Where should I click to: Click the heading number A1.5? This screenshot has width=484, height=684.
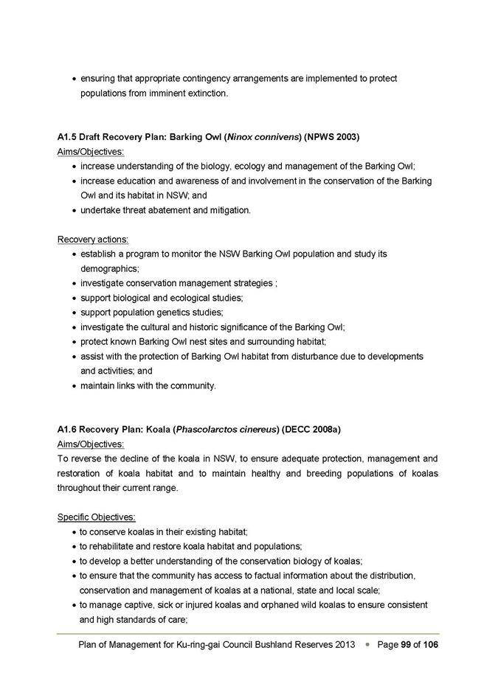(67, 137)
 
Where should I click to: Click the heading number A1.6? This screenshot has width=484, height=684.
(67, 429)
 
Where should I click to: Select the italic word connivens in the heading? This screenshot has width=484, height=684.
(274, 137)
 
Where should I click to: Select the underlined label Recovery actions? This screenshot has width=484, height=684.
(93, 240)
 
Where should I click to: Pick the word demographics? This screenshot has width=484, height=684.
(109, 269)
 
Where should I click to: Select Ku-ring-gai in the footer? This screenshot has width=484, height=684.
(199, 645)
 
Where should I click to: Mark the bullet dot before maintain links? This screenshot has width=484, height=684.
(75, 386)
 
